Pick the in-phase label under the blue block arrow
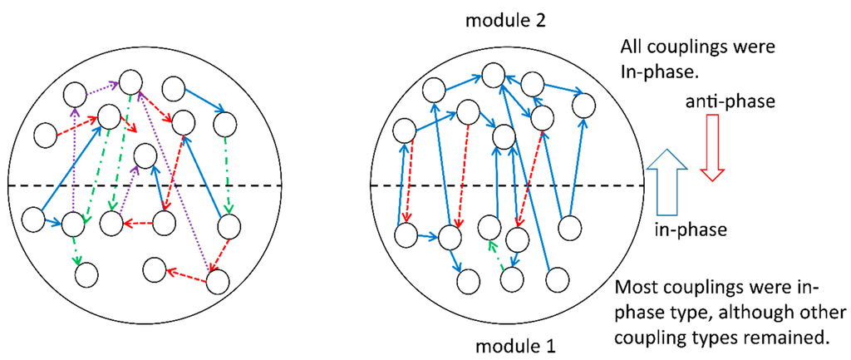pos(689,226)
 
